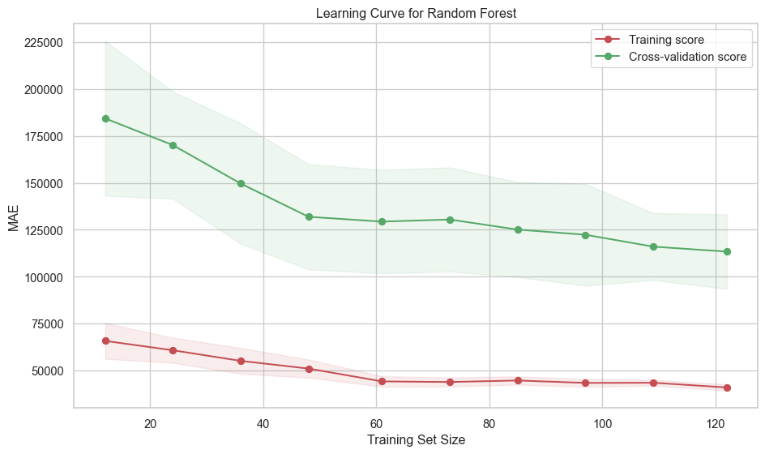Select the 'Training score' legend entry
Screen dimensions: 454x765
(666, 39)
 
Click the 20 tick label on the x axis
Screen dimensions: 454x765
(150, 423)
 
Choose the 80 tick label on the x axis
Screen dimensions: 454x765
(489, 423)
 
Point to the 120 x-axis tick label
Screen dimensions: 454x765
(716, 423)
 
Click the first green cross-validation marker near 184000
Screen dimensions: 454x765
(105, 118)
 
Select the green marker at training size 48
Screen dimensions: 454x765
(309, 216)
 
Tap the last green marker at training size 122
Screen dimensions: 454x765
(727, 251)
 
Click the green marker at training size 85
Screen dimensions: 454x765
(518, 229)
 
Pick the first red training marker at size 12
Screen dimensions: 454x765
(105, 340)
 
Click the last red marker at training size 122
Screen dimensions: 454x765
(727, 388)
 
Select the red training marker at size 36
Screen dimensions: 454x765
(241, 361)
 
